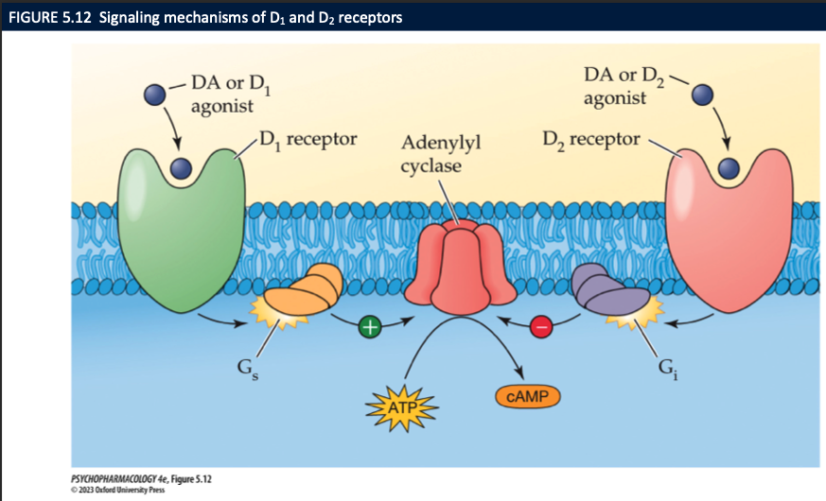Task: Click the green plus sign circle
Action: pos(370,327)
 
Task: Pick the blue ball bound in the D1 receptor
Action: pos(180,169)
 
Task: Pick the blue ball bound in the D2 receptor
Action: pos(727,168)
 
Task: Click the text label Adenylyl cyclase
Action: pos(441,154)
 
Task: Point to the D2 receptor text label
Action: pos(592,141)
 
